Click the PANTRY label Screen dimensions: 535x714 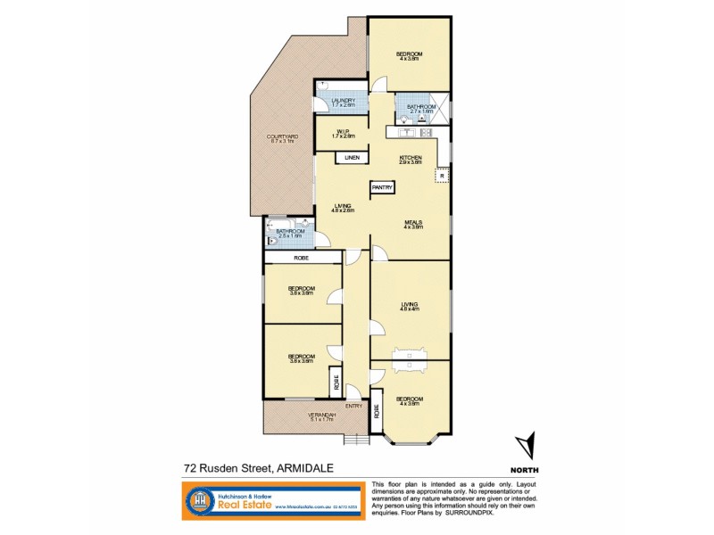point(383,187)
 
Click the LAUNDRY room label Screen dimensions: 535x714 point(344,102)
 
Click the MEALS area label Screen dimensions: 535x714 point(411,224)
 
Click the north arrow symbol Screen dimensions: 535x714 point(527,446)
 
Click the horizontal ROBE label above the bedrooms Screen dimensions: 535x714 point(302,258)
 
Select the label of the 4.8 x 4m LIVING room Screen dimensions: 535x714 point(411,308)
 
